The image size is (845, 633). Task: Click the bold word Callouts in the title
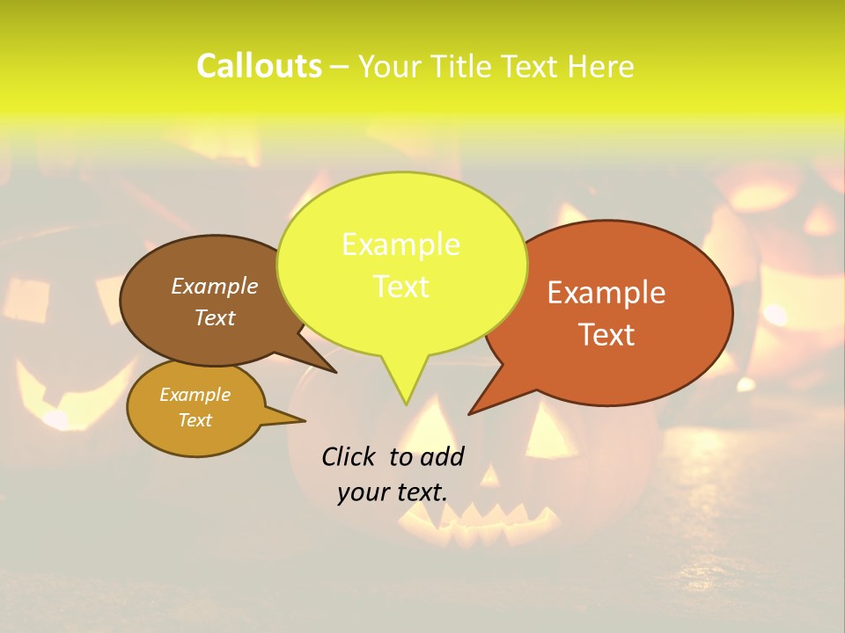259,67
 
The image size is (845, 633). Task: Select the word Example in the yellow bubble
400,244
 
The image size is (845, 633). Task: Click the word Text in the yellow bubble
400,287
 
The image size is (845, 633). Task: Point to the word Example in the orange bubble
606,293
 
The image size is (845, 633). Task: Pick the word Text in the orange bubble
606,335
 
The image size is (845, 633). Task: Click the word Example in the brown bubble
215,287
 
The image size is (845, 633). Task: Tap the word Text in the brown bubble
215,317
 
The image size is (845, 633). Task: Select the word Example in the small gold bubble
195,395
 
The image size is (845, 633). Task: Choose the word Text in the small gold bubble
195,420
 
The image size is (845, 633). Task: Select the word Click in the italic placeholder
350,456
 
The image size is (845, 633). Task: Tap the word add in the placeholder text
442,456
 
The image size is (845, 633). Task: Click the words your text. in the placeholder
393,492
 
